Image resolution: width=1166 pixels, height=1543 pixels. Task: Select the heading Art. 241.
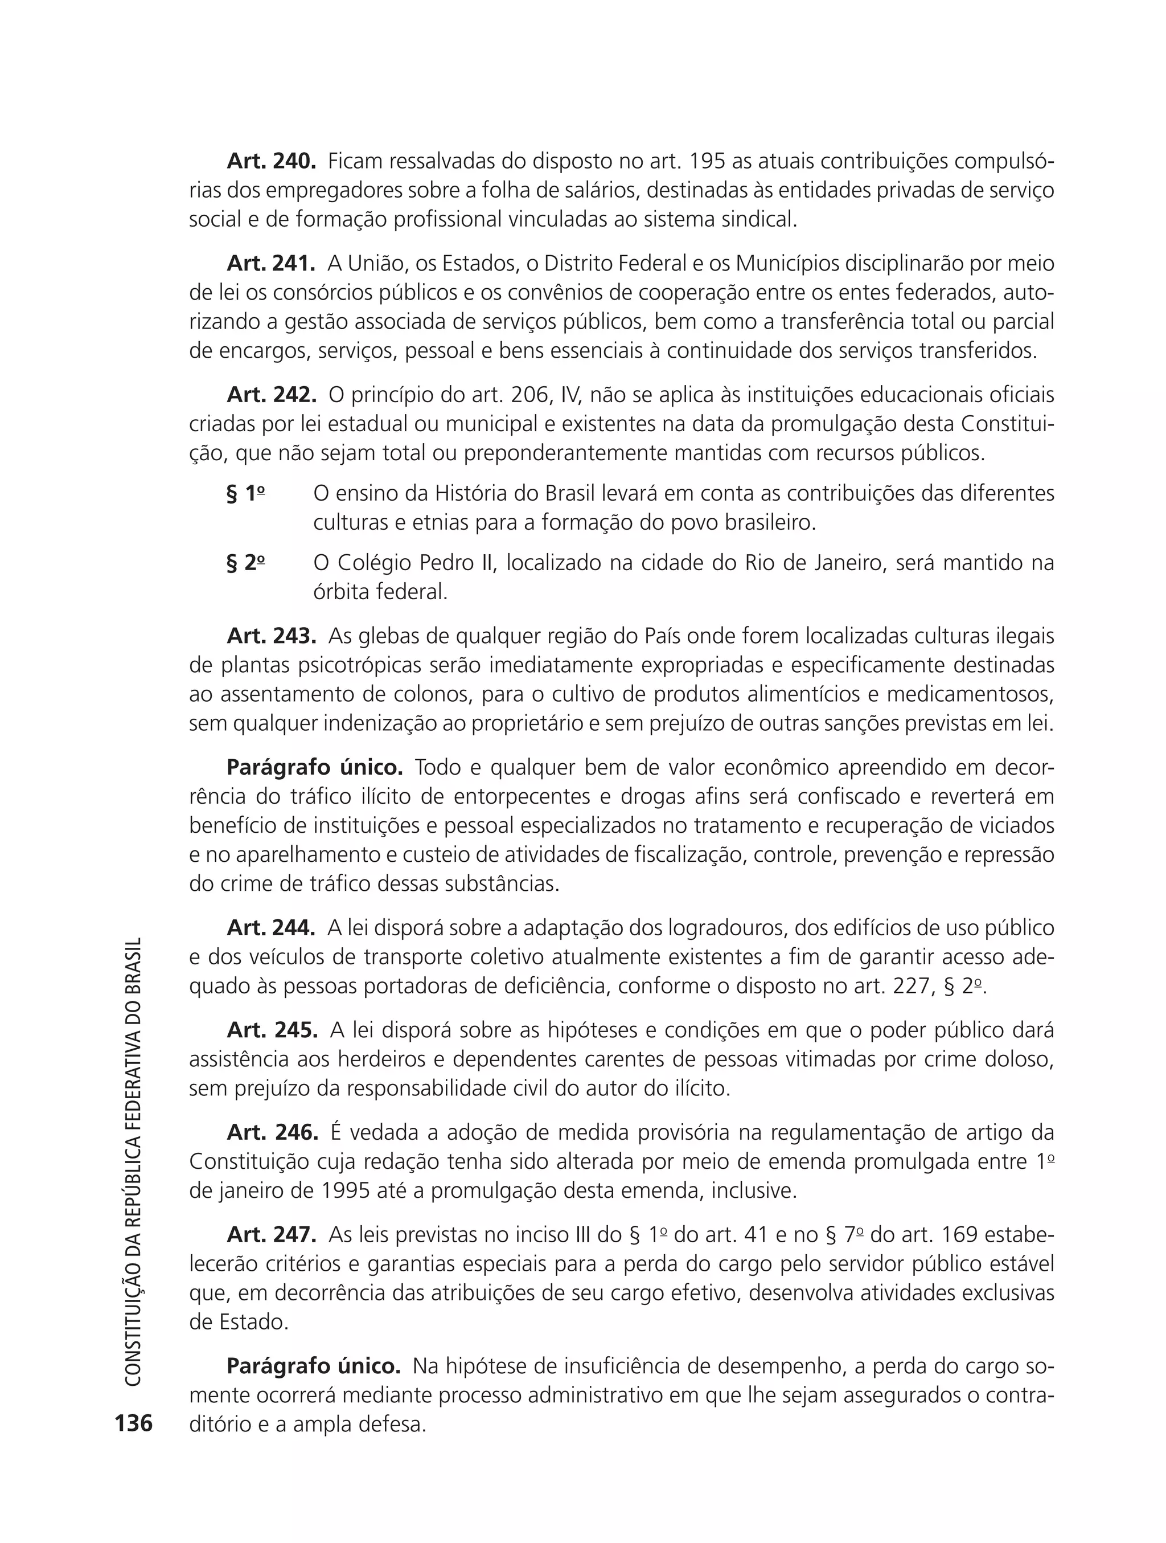point(271,264)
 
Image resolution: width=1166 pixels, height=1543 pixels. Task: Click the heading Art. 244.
point(271,928)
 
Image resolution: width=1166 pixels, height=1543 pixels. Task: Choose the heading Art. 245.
point(272,1030)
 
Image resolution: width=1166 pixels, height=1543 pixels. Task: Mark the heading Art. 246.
point(272,1132)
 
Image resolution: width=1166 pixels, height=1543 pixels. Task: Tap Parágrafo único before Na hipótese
point(314,1366)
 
